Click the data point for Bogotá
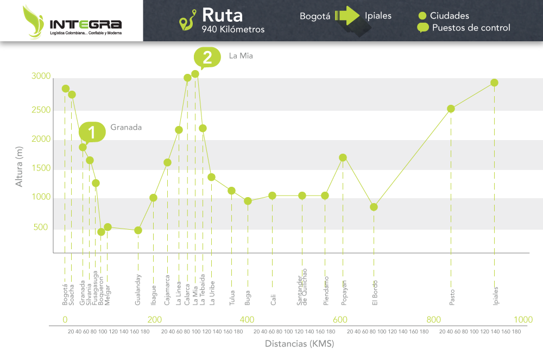coord(66,89)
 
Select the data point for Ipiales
coord(494,83)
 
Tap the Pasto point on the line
coord(451,109)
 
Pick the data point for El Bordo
coord(374,207)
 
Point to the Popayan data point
coord(343,157)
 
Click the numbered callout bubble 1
coord(91,132)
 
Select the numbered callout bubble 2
coord(207,56)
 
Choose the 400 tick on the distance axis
coord(247,320)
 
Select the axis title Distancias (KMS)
coord(299,344)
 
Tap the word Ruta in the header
coord(222,15)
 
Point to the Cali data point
coord(272,195)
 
